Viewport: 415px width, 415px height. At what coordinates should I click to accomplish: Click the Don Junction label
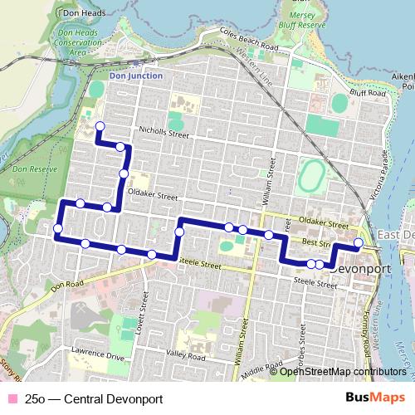click(x=135, y=76)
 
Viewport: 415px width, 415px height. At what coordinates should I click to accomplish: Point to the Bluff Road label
click(x=370, y=94)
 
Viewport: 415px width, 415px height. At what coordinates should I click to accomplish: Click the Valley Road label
click(x=185, y=354)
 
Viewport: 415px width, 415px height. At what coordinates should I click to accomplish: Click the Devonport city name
click(x=360, y=270)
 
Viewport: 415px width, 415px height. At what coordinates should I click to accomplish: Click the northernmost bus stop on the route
click(x=100, y=126)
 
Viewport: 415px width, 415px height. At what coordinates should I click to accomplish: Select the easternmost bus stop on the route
click(x=359, y=243)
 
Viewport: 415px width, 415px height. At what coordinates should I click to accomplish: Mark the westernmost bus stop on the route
click(x=58, y=228)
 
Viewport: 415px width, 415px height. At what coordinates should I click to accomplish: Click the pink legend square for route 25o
click(x=11, y=399)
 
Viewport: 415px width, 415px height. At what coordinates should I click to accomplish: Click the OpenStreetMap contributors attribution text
click(x=343, y=372)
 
